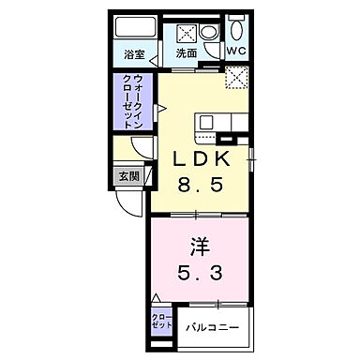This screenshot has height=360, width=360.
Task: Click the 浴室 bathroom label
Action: tap(133, 53)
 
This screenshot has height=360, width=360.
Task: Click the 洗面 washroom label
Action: tap(187, 53)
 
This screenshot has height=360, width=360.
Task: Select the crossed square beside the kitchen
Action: tap(235, 79)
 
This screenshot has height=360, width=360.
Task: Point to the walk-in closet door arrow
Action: tap(160, 108)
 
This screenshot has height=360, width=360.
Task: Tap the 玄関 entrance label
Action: tap(127, 176)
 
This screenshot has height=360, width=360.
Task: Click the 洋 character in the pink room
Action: tap(200, 246)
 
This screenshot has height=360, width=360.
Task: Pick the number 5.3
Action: tap(200, 274)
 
